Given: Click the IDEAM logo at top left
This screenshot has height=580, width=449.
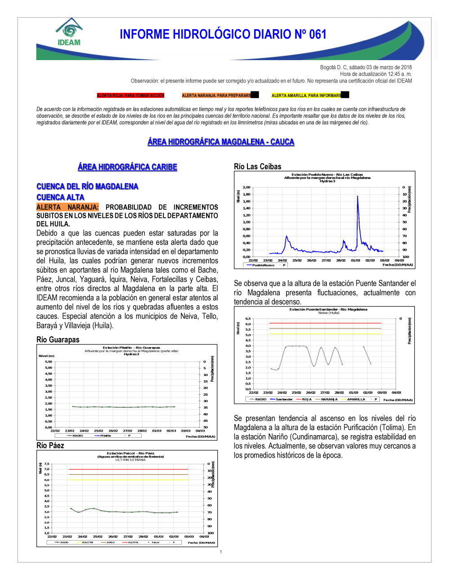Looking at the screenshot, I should pyautogui.click(x=69, y=32).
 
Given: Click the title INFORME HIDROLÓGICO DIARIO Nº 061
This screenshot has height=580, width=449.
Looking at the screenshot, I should pyautogui.click(x=223, y=35).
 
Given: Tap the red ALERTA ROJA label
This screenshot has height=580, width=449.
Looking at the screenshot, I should pyautogui.click(x=131, y=96).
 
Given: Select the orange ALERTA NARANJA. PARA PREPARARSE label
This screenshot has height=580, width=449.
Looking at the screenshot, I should pyautogui.click(x=216, y=96).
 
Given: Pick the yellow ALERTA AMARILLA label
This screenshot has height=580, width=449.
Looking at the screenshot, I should pyautogui.click(x=306, y=96).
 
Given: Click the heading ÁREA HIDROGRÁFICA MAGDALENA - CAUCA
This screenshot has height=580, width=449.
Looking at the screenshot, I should pyautogui.click(x=221, y=142).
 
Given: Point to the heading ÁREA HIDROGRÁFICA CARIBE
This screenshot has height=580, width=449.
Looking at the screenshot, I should pyautogui.click(x=128, y=167).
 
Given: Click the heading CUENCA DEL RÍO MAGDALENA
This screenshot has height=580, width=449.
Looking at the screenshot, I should pyautogui.click(x=87, y=187).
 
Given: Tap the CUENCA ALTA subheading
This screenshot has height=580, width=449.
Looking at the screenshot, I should pyautogui.click(x=60, y=197).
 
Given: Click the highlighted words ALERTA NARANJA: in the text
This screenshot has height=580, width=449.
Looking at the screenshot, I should pyautogui.click(x=67, y=207).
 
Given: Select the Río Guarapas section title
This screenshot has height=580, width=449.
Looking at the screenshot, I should pyautogui.click(x=58, y=340).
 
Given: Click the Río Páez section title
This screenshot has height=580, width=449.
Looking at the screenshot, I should pyautogui.click(x=50, y=445).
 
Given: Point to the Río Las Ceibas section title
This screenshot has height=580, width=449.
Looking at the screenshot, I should pyautogui.click(x=258, y=167).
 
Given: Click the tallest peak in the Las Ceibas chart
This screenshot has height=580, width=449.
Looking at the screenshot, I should pyautogui.click(x=357, y=196).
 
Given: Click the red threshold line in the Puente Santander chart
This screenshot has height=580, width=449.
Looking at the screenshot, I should pyautogui.click(x=325, y=323).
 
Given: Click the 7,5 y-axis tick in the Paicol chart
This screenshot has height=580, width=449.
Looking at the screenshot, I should pyautogui.click(x=47, y=464).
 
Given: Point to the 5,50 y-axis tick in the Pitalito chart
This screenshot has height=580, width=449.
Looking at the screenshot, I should pyautogui.click(x=48, y=362).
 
